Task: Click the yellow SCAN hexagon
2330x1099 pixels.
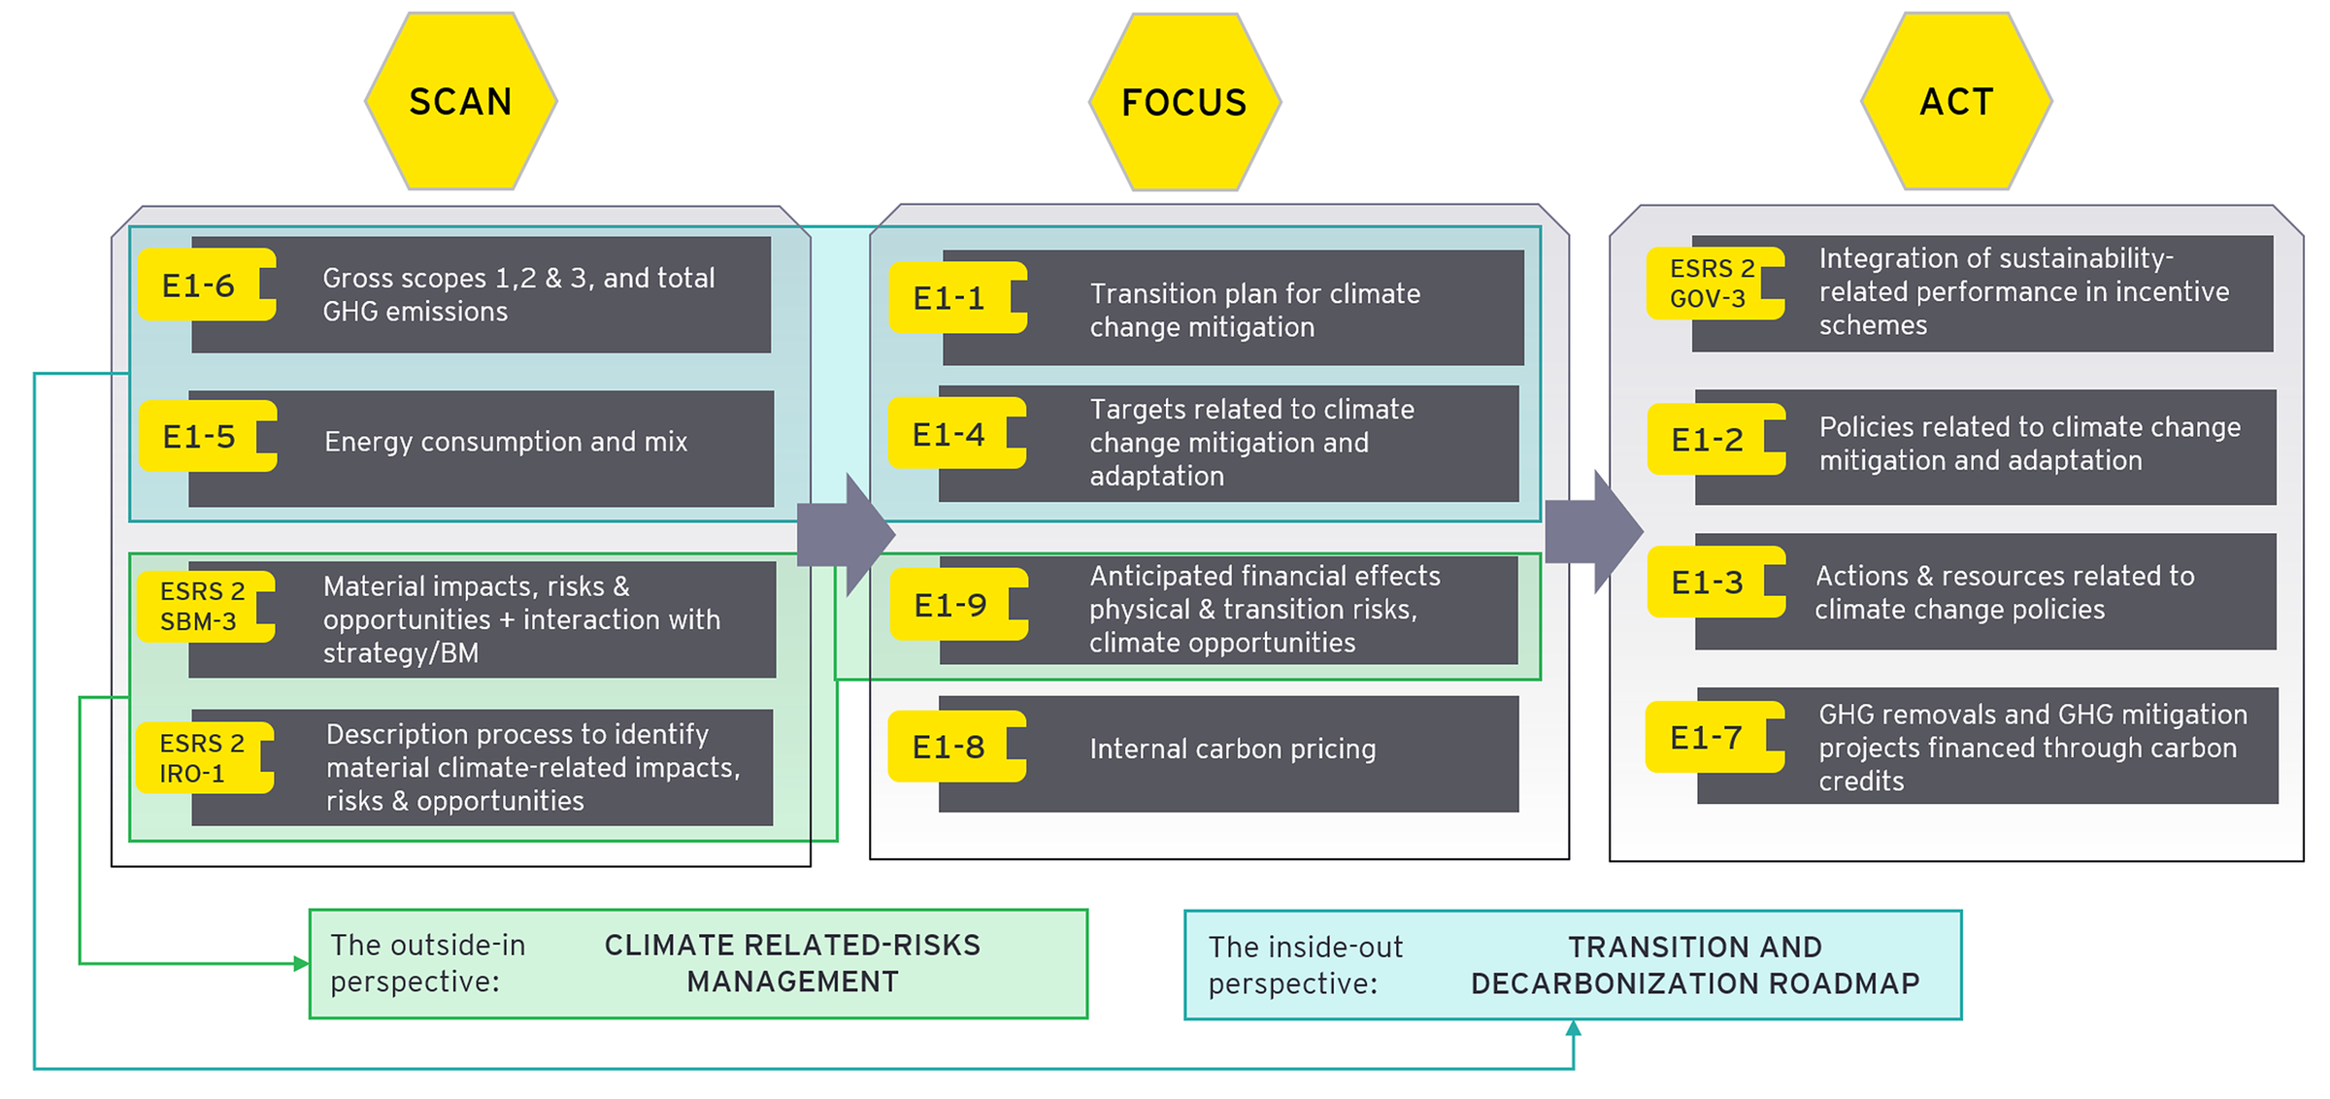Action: [461, 101]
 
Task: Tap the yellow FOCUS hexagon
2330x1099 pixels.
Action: [1184, 102]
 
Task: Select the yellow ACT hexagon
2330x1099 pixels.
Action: [1956, 101]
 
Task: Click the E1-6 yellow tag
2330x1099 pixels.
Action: [199, 285]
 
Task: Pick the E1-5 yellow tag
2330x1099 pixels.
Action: [200, 437]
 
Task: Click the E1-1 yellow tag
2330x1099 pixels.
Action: [949, 298]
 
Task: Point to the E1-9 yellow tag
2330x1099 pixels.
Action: [950, 605]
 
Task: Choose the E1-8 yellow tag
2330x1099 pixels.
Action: [949, 747]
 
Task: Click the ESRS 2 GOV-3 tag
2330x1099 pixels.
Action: [1709, 283]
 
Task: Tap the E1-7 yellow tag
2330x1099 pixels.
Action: [1707, 738]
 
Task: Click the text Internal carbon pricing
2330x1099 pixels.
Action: [1232, 749]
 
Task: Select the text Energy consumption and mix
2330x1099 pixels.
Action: [506, 442]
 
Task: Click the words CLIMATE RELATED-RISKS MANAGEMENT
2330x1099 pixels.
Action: [792, 963]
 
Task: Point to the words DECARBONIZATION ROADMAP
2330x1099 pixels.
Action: [1695, 983]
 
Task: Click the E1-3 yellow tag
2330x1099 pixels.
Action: [1708, 583]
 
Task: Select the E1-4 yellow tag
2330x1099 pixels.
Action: [949, 434]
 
